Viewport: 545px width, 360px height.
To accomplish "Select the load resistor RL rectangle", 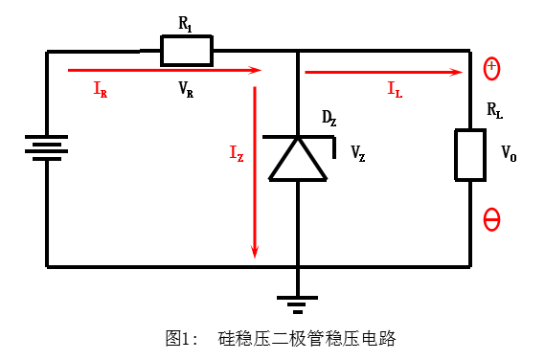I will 469,154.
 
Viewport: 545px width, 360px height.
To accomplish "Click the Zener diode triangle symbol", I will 298,158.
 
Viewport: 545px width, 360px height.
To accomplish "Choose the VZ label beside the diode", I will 357,153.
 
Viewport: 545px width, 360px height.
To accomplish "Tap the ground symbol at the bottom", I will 298,304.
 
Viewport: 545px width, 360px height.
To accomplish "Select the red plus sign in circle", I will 490,68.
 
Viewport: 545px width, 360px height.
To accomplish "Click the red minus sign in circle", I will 491,220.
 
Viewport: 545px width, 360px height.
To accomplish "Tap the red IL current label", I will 394,89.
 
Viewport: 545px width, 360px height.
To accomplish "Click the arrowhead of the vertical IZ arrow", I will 255,251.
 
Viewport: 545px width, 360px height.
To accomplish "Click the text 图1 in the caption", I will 178,338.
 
